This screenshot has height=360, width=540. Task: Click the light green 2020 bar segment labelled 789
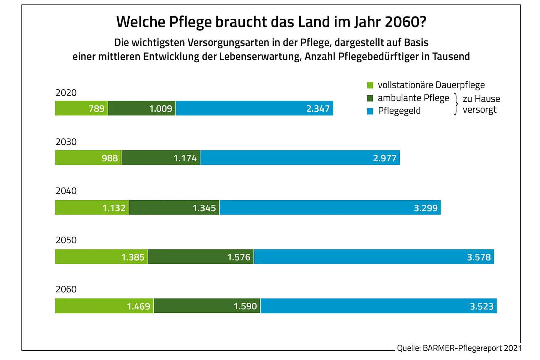81,108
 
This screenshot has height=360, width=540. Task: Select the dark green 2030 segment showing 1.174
160,158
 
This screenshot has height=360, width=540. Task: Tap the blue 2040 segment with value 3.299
330,208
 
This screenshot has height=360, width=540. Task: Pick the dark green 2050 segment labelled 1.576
201,257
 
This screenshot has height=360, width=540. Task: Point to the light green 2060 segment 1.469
104,306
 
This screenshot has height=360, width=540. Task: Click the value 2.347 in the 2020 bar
318,109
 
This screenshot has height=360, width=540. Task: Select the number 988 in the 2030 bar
109,158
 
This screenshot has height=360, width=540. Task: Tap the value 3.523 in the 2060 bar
481,306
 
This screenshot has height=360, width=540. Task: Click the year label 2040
66,191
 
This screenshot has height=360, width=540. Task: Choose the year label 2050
66,240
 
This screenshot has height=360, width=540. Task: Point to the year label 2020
66,93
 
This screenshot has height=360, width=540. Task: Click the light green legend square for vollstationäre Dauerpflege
370,85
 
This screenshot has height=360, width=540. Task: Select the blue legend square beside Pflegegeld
370,111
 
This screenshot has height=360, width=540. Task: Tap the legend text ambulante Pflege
413,98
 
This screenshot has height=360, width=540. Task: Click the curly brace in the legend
456,104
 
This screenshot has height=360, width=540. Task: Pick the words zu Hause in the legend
481,99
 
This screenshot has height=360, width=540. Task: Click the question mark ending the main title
423,22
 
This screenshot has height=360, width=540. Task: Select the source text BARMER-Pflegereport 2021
472,348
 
